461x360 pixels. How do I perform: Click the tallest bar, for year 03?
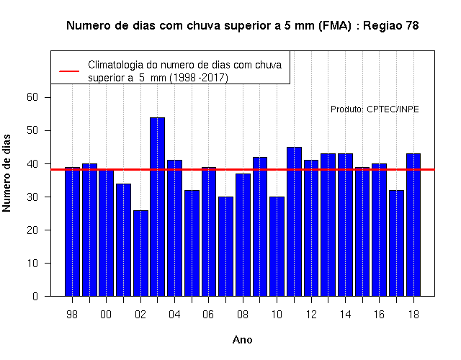pyautogui.click(x=157, y=207)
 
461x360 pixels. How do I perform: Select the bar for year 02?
pyautogui.click(x=140, y=253)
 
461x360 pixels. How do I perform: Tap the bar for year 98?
pyautogui.click(x=72, y=232)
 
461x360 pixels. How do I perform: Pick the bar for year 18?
pyautogui.click(x=413, y=225)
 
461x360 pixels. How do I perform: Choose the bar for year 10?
pyautogui.click(x=277, y=246)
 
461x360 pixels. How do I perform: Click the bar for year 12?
pyautogui.click(x=311, y=228)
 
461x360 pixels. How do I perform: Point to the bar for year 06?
pyautogui.click(x=209, y=232)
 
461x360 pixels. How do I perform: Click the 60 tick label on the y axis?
pyautogui.click(x=32, y=97)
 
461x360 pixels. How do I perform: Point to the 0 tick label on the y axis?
pyautogui.click(x=35, y=296)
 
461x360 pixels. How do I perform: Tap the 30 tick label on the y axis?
pyautogui.click(x=32, y=197)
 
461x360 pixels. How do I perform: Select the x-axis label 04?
pyautogui.click(x=174, y=315)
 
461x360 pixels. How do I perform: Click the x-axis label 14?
pyautogui.click(x=345, y=315)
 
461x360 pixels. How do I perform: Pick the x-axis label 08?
pyautogui.click(x=243, y=315)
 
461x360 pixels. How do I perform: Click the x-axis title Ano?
pyautogui.click(x=242, y=340)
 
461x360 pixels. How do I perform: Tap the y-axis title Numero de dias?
pyautogui.click(x=6, y=173)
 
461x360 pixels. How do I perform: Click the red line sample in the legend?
pyautogui.click(x=69, y=71)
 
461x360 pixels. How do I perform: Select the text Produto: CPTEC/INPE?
pyautogui.click(x=375, y=109)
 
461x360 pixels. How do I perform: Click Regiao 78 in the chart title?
pyautogui.click(x=390, y=26)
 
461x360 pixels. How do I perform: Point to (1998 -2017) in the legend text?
pyautogui.click(x=199, y=78)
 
